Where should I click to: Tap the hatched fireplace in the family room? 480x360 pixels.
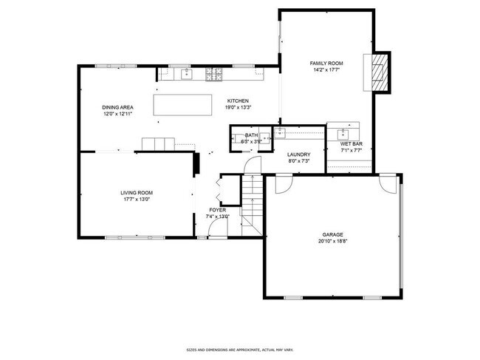coord(379,72)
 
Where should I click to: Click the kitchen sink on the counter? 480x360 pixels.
coord(185,72)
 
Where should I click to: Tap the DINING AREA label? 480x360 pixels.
coord(117,108)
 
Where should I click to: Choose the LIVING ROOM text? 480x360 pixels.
coord(137,192)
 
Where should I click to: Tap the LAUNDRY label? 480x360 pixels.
coord(298,154)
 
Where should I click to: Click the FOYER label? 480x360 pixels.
coord(217,210)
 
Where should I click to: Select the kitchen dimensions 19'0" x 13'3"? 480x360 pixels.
coord(237,107)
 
